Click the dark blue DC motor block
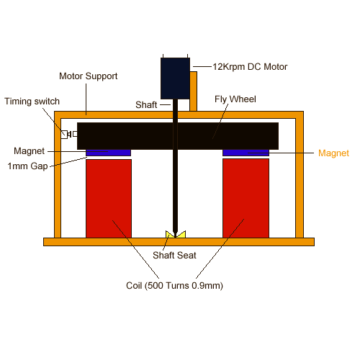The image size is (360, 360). point(175,78)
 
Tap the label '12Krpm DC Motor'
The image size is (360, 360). point(250,67)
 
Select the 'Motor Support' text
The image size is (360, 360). point(88,76)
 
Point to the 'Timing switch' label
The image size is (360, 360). point(32,102)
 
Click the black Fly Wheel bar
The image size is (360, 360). point(178,136)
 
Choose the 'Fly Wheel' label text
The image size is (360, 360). point(235,99)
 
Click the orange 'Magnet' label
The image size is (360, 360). point(333,153)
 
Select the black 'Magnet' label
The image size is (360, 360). point(29,151)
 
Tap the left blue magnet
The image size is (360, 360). point(109,153)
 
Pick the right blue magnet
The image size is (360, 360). point(246,153)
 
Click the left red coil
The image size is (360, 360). point(109,199)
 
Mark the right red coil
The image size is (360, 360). point(246,199)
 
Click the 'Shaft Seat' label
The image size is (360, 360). point(174,255)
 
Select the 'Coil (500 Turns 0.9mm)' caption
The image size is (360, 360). point(174,286)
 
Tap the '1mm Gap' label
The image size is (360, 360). point(27,166)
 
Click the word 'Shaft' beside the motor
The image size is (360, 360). point(146,105)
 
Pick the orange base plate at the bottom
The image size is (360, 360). point(179,242)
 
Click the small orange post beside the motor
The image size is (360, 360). point(194,91)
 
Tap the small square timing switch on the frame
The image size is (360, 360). point(64,135)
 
